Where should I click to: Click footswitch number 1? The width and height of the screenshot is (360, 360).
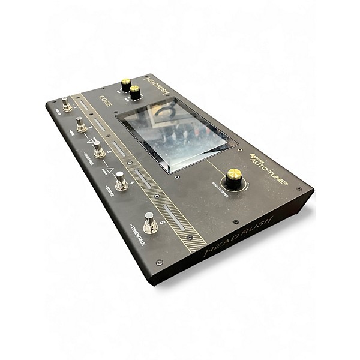(x=67, y=105)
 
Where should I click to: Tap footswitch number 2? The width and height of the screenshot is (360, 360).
(x=80, y=124)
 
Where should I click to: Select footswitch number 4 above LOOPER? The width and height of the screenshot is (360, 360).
(x=121, y=181)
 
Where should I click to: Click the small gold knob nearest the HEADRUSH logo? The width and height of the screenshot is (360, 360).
(x=126, y=83)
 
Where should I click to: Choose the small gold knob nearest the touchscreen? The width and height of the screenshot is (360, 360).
(x=135, y=91)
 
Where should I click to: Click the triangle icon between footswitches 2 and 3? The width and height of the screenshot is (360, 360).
(x=93, y=141)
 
